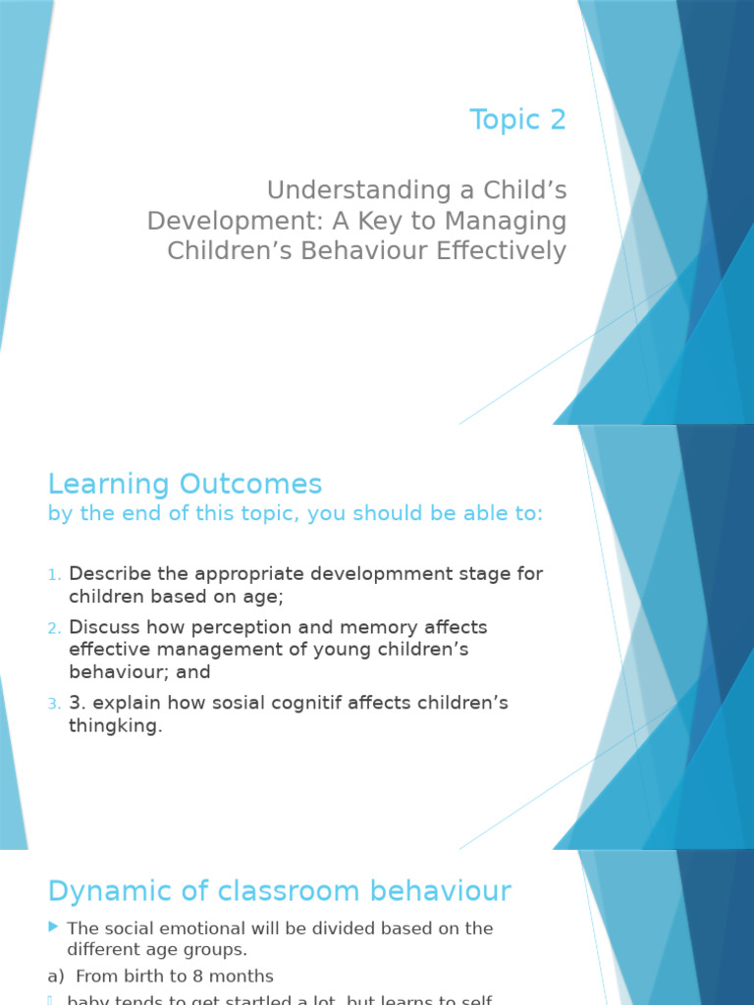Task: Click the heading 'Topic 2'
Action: [517, 120]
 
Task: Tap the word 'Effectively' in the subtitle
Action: [490, 250]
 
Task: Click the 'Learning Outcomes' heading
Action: [185, 484]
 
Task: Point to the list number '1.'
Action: [55, 574]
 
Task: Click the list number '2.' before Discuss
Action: [55, 627]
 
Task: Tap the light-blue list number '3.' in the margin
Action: [55, 704]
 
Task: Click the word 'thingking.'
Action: [115, 726]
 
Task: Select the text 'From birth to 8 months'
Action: [174, 976]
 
